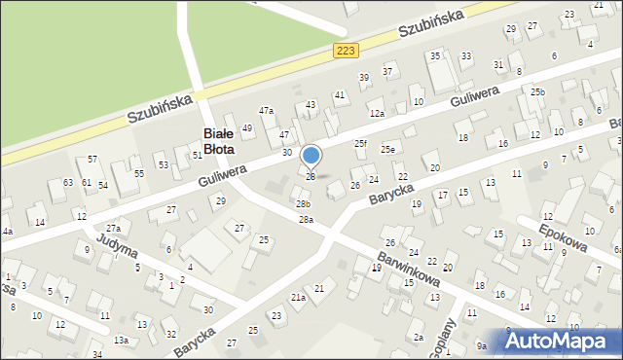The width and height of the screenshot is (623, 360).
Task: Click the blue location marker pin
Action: (x=311, y=157)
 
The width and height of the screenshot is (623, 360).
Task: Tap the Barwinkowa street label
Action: (x=404, y=274)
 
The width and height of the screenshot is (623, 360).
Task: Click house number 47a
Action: (x=266, y=110)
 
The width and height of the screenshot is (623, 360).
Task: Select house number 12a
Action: (x=377, y=114)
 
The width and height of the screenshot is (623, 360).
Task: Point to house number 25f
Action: (x=360, y=144)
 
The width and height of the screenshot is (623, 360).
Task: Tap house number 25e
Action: (x=387, y=149)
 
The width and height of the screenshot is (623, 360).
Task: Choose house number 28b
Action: (x=304, y=203)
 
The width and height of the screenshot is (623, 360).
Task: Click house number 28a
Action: (x=306, y=220)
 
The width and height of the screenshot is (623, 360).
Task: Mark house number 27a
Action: (x=113, y=228)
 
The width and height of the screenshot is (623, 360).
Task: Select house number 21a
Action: (x=298, y=297)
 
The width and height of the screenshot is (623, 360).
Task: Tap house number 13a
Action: (x=121, y=340)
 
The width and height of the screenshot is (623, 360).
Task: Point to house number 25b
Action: (x=538, y=91)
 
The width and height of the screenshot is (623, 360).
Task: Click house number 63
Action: (x=68, y=183)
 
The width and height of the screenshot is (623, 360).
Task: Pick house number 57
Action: (x=92, y=159)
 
